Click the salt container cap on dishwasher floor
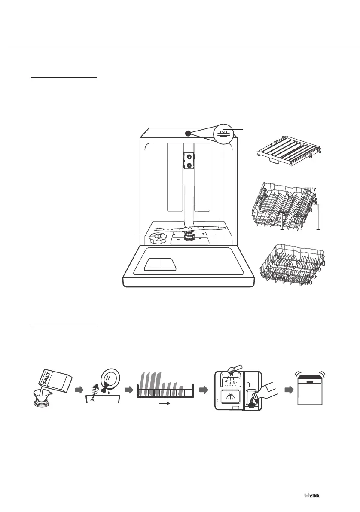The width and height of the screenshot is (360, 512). [x=158, y=237]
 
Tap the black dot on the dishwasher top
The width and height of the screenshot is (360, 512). [x=188, y=133]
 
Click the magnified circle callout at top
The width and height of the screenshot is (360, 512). [x=226, y=133]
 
